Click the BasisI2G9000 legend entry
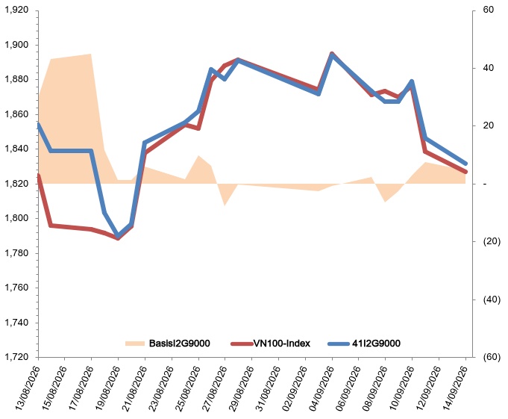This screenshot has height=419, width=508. coord(168,343)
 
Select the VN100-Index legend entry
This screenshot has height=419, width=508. coord(271,343)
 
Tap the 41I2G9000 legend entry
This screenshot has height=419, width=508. coord(364,343)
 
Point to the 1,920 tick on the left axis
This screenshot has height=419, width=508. coord(16,10)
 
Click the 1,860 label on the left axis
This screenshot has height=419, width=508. coord(16,114)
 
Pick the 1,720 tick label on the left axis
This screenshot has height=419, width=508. coord(16,357)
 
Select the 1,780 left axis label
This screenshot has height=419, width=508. coord(16,253)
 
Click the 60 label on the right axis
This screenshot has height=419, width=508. coord(489,10)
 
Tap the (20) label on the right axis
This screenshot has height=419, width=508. coord(492,241)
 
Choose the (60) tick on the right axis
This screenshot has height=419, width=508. coord(492,357)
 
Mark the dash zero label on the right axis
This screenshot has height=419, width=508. coord(485,184)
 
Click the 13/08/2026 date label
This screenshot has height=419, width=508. coord(27,388)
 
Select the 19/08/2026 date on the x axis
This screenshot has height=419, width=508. coord(107,388)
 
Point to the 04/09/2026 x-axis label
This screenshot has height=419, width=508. coord(321,388)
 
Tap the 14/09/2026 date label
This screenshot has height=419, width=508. coord(454,388)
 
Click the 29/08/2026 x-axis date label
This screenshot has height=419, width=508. coord(240,388)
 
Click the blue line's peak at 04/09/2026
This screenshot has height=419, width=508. coord(332,55)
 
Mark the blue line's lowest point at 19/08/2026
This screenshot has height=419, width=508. coord(118,236)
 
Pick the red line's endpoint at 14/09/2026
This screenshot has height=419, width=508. coord(465,172)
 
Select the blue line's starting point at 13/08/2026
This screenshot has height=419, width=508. coord(39,124)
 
